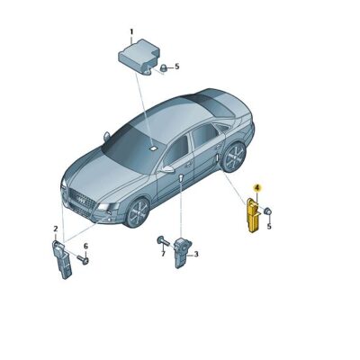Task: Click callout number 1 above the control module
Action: click(131, 32)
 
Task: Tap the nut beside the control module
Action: click(163, 67)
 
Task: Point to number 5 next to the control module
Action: click(177, 67)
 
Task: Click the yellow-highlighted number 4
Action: click(256, 188)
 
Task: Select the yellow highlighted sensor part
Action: click(255, 216)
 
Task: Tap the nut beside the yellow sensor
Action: click(269, 211)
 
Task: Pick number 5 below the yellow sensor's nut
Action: click(267, 227)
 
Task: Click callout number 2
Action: click(55, 229)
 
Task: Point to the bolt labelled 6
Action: click(82, 261)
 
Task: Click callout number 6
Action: click(86, 247)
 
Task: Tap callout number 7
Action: click(163, 254)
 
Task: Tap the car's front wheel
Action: click(138, 212)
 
